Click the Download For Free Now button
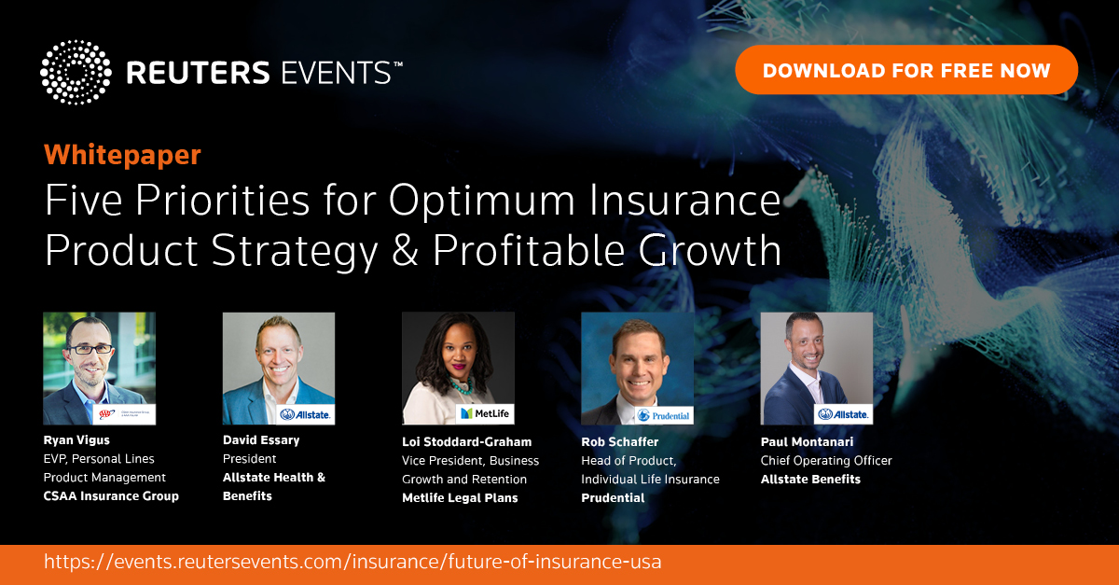(906, 70)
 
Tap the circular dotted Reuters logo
(76, 73)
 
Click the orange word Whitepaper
(122, 155)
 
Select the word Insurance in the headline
(684, 200)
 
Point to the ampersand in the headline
(405, 250)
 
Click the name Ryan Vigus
(76, 440)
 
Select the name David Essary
(261, 440)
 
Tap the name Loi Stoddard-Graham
(466, 442)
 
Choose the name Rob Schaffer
(620, 442)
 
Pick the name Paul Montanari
(807, 442)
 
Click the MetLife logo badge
(485, 414)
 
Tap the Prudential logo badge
(664, 415)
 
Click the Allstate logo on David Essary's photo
(305, 414)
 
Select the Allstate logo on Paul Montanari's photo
(843, 414)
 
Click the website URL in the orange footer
(352, 562)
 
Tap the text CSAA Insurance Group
(111, 496)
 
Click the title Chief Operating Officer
(826, 461)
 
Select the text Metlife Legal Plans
(460, 498)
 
